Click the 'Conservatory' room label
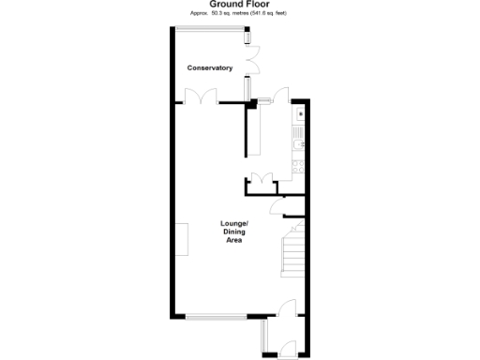[x=209, y=68]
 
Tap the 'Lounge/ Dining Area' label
[x=233, y=232]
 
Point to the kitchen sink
[x=299, y=142]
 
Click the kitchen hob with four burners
[x=299, y=167]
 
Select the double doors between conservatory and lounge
[x=198, y=97]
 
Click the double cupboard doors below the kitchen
[x=261, y=180]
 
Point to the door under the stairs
[x=276, y=208]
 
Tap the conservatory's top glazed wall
[x=210, y=27]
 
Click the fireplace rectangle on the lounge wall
[x=179, y=239]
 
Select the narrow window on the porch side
[x=265, y=335]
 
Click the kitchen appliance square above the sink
[x=299, y=116]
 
